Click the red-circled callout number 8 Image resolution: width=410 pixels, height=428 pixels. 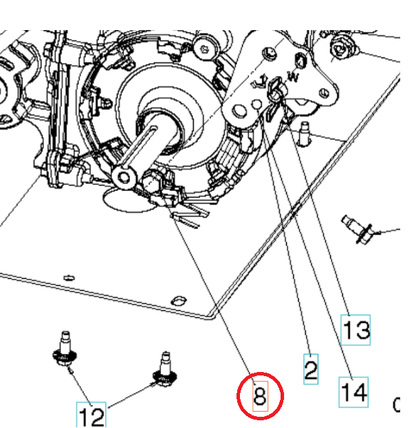point(260,397)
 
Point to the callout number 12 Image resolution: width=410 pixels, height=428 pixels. point(92,415)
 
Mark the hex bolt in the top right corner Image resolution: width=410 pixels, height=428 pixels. point(343,48)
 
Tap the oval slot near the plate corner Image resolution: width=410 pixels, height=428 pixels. point(179,300)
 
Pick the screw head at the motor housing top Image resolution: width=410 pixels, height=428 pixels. point(204,47)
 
